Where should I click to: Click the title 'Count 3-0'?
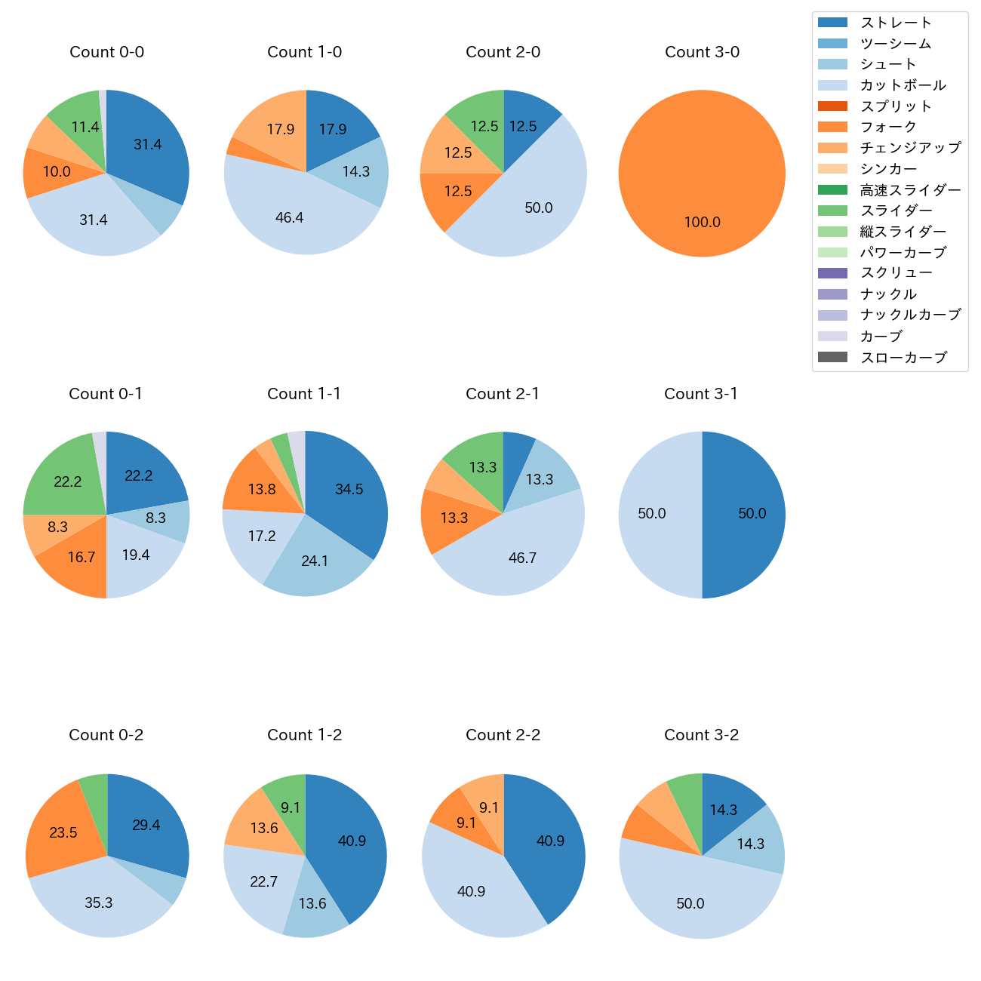coord(702,52)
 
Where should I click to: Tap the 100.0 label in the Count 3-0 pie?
coord(702,223)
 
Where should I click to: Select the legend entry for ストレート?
coord(896,23)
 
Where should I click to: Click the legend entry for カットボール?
coord(903,85)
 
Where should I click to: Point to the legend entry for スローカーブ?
coord(903,358)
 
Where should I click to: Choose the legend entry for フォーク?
coord(888,127)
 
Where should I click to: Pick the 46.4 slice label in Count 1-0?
coord(290,218)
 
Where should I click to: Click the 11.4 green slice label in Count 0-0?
coord(85,127)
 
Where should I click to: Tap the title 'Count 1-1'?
coord(304,394)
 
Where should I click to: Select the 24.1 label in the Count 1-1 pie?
coord(315,561)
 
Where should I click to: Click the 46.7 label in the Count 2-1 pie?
coord(522,558)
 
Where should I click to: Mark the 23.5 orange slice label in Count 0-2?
coord(63,832)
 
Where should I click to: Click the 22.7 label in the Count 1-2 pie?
coord(263,881)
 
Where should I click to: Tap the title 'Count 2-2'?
coord(503,735)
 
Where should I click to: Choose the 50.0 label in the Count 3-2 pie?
coord(690,904)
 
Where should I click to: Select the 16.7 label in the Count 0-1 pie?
coord(81,558)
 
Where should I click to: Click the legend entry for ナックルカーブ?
coord(910,315)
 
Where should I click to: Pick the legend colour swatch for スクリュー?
coord(832,273)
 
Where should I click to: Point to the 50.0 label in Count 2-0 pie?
coord(538,208)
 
